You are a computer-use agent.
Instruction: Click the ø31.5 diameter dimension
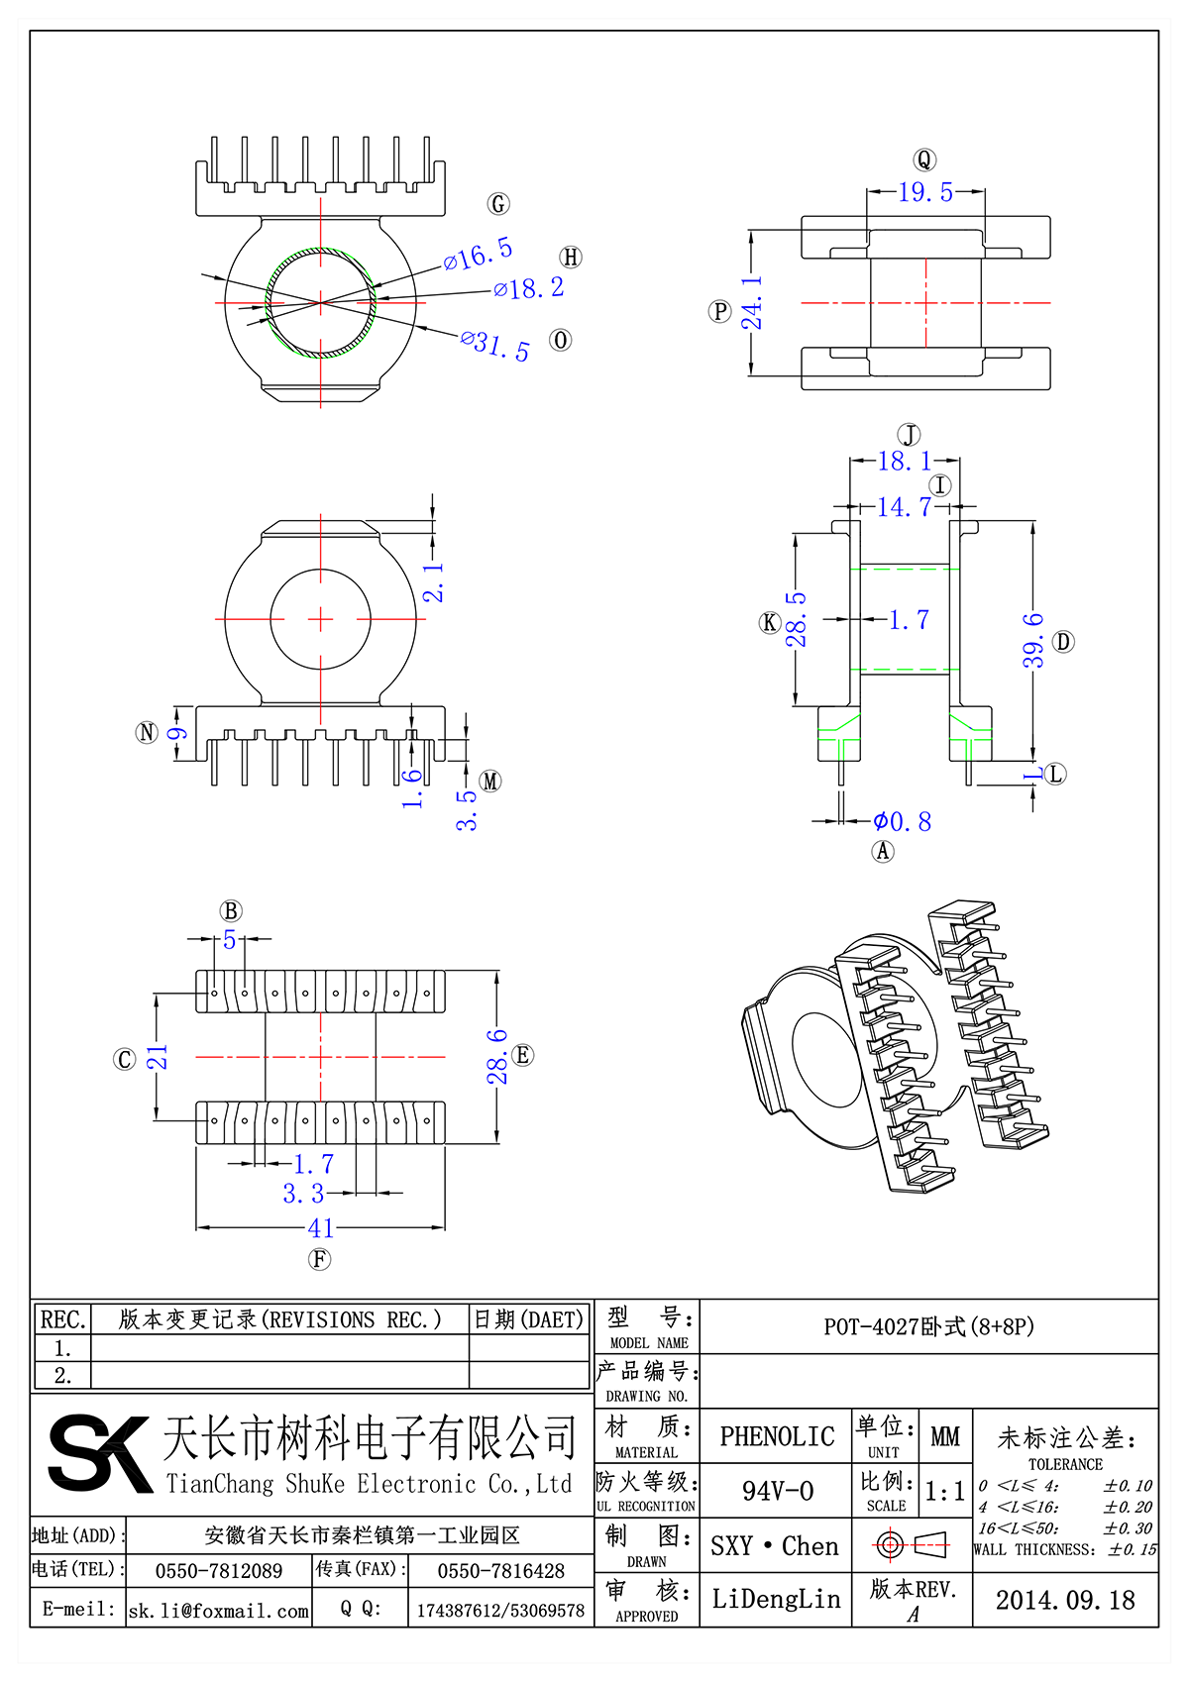click(x=495, y=346)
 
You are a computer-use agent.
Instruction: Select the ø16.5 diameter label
click(x=479, y=255)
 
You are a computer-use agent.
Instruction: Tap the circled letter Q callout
click(x=923, y=160)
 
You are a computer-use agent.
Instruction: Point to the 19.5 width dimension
click(x=925, y=192)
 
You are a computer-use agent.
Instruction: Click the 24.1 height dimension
click(x=753, y=303)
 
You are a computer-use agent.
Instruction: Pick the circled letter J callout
click(x=909, y=435)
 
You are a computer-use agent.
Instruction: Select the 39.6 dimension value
click(x=1033, y=640)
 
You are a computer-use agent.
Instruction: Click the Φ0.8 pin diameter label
click(x=902, y=822)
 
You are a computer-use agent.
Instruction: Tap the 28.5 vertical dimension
click(x=797, y=620)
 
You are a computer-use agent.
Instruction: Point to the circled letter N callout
click(x=147, y=733)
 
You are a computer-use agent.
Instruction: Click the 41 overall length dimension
click(x=321, y=1228)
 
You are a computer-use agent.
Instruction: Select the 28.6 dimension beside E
click(x=497, y=1056)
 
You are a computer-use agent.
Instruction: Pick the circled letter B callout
click(x=230, y=911)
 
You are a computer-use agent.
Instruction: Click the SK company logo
click(x=99, y=1453)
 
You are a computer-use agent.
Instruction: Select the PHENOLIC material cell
click(x=777, y=1436)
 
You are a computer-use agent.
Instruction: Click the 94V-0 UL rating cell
click(x=777, y=1491)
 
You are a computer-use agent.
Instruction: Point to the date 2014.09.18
click(x=1065, y=1600)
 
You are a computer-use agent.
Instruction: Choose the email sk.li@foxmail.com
click(x=219, y=1611)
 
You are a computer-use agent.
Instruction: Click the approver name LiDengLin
click(x=776, y=1599)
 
